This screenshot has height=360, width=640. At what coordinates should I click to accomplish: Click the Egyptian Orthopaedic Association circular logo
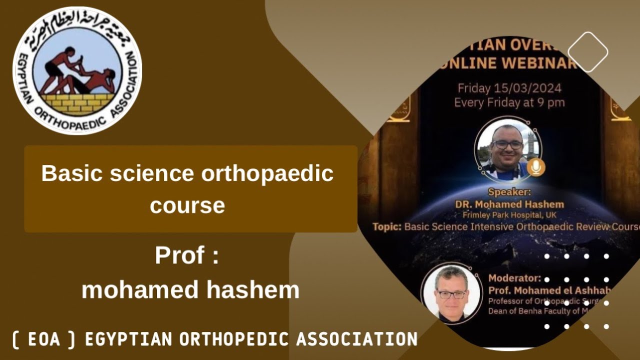pyautogui.click(x=77, y=70)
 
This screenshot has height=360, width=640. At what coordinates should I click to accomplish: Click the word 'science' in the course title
pyautogui.click(x=153, y=173)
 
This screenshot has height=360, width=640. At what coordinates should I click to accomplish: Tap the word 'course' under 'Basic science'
pyautogui.click(x=187, y=205)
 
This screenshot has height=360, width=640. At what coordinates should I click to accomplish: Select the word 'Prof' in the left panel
pyautogui.click(x=179, y=255)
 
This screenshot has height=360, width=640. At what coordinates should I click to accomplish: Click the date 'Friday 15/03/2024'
pyautogui.click(x=509, y=88)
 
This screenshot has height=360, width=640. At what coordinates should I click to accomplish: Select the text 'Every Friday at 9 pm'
pyautogui.click(x=509, y=102)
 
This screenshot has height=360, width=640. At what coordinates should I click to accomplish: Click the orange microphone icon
pyautogui.click(x=536, y=167)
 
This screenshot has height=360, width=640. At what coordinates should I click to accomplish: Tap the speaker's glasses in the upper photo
pyautogui.click(x=507, y=144)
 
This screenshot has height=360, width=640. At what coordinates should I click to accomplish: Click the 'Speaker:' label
pyautogui.click(x=509, y=192)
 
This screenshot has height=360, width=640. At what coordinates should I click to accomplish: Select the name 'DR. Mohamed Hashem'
pyautogui.click(x=509, y=204)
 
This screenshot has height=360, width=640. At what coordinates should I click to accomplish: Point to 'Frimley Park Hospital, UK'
pyautogui.click(x=509, y=215)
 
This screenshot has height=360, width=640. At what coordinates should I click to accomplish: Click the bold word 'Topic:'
pyautogui.click(x=387, y=226)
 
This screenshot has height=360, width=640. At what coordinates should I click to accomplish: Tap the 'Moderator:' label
pyautogui.click(x=514, y=278)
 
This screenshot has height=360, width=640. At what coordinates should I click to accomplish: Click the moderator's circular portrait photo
pyautogui.click(x=451, y=293)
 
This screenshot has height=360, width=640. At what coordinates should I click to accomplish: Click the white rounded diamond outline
pyautogui.click(x=588, y=52)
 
